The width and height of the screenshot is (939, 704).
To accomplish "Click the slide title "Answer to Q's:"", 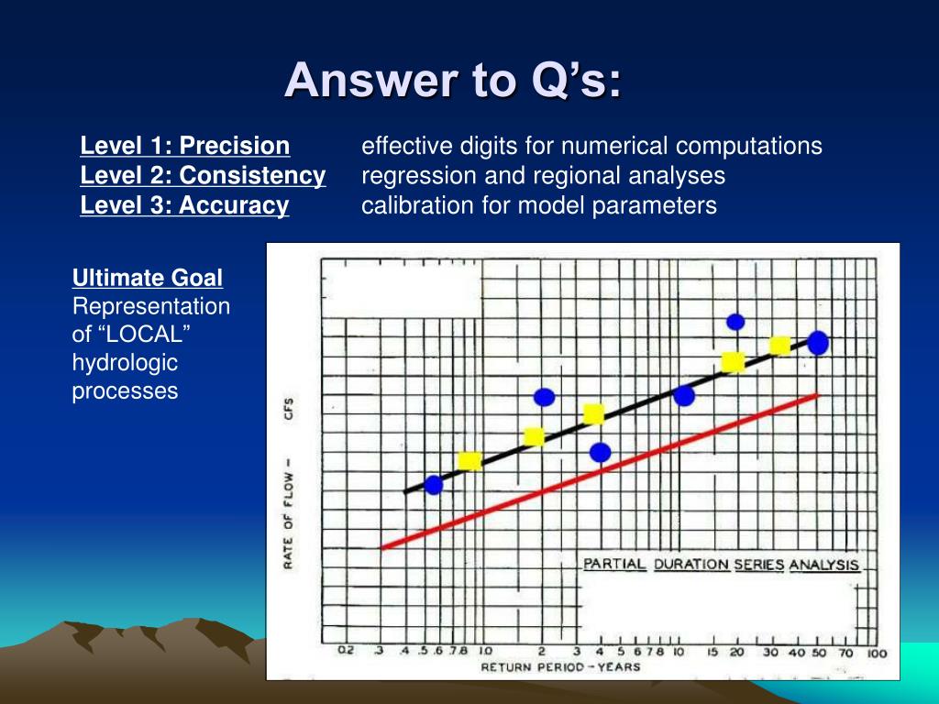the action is coord(453,80).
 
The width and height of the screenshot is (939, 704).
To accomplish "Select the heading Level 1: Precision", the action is coord(185,146).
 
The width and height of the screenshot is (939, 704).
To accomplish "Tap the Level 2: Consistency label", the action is coord(203,175).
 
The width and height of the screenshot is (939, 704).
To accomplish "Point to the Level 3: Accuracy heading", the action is coord(184,204).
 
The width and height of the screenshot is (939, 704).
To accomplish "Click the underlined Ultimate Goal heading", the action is coord(148,278).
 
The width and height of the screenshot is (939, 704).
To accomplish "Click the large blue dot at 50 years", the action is coord(818,343).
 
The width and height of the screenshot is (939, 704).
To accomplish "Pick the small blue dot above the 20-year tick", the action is coord(735,322).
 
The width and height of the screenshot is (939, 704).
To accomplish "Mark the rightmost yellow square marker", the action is coord(779,346).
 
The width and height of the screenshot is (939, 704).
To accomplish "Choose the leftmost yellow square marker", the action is coord(469,461).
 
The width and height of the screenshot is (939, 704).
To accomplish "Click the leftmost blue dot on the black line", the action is coord(434,485).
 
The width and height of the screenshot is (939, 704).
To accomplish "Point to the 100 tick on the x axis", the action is coord(877,653).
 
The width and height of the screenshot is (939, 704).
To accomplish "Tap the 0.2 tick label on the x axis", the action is coord(346,651).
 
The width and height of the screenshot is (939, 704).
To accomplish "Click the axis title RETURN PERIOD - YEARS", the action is coord(560,667).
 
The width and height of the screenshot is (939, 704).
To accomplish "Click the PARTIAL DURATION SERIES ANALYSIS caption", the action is coord(722,565).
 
